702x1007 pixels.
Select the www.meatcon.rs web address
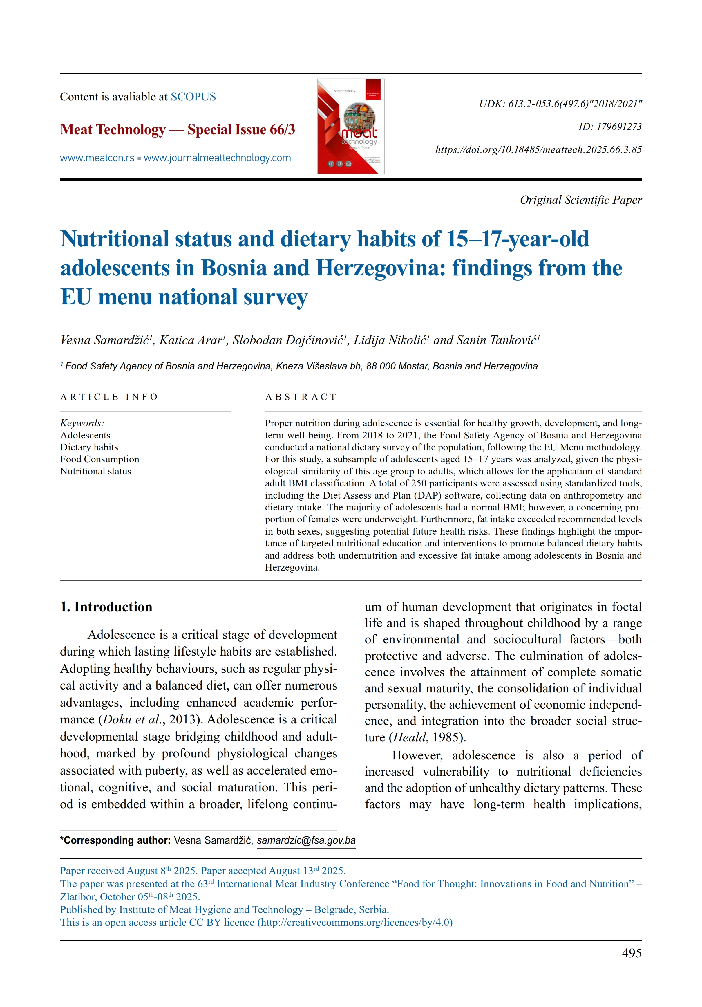click(x=97, y=158)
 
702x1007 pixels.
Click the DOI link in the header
click(x=538, y=149)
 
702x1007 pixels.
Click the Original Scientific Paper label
click(x=580, y=200)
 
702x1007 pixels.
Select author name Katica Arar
click(x=191, y=340)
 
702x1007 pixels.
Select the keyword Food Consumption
click(x=99, y=459)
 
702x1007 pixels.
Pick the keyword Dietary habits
click(x=89, y=447)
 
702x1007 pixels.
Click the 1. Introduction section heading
click(x=106, y=607)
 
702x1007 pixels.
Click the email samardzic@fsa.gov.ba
click(x=306, y=840)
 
